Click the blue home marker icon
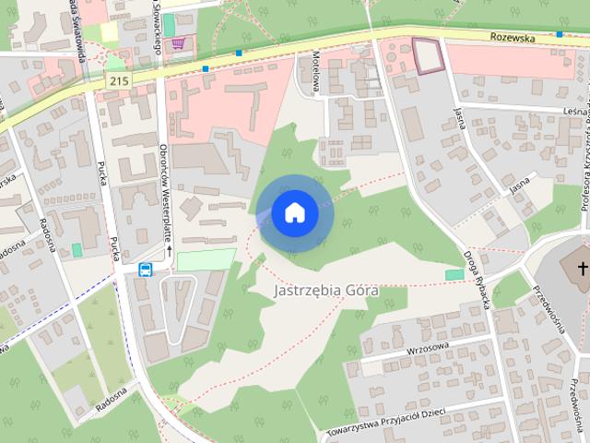coord(294,213)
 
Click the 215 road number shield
coord(117,81)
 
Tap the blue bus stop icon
coord(146,269)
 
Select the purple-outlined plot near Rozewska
coord(428,55)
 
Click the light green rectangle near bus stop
coord(206,259)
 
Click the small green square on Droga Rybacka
coord(454,274)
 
